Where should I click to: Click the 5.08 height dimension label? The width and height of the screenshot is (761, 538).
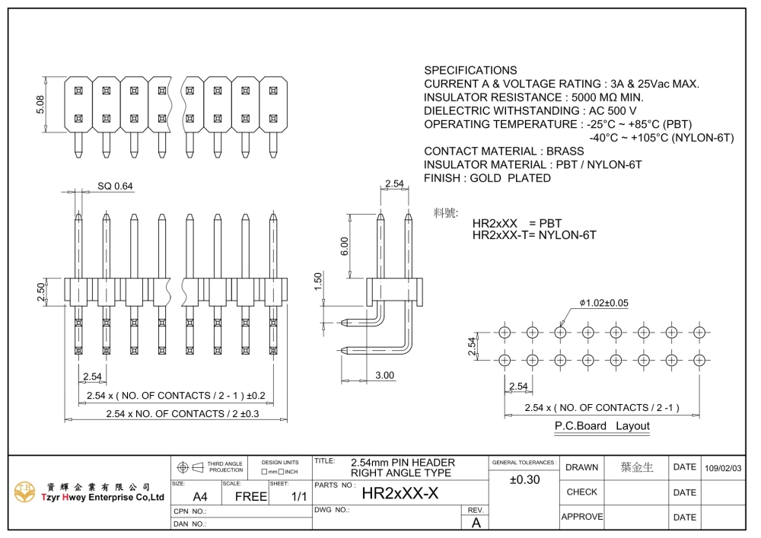[x=40, y=104]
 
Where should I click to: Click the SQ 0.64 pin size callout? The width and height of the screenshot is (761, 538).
[x=115, y=186]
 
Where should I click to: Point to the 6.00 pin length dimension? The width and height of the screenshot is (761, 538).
[x=344, y=247]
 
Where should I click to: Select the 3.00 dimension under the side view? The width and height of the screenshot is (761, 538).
[x=384, y=375]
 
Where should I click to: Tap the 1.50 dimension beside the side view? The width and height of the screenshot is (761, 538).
[x=318, y=282]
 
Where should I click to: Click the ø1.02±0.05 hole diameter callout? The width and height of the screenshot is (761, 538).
[x=603, y=303]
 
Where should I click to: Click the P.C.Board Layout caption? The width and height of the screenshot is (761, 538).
[x=602, y=425]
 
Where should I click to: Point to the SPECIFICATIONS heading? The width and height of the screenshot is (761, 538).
[x=470, y=70]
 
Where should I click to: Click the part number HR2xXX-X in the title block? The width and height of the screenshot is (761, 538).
[x=400, y=493]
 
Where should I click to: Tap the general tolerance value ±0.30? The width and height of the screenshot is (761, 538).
[x=524, y=479]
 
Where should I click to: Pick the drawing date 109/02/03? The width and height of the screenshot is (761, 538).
[x=723, y=468]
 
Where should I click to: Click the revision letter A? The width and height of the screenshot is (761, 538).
[x=476, y=523]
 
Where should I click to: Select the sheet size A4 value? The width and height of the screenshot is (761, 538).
[x=200, y=496]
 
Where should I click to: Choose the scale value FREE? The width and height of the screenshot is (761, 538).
[x=251, y=496]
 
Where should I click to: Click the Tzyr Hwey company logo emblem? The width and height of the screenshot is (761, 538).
[x=25, y=492]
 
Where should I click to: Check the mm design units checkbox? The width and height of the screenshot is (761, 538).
[x=264, y=472]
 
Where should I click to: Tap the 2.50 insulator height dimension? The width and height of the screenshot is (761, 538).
[x=41, y=292]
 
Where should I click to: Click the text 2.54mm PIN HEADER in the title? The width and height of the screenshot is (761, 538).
[x=403, y=463]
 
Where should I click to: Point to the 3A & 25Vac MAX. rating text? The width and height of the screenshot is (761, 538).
[x=654, y=84]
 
